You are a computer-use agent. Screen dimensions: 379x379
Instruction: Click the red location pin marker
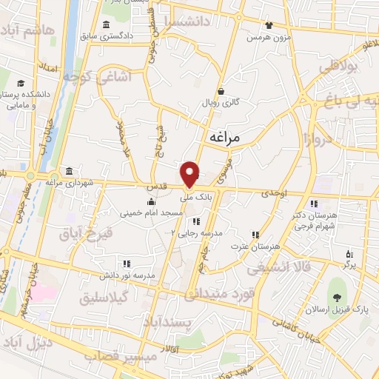point(191,174)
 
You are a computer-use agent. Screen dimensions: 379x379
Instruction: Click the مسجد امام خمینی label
point(148,212)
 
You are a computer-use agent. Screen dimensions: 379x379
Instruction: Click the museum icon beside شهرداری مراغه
point(69,170)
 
